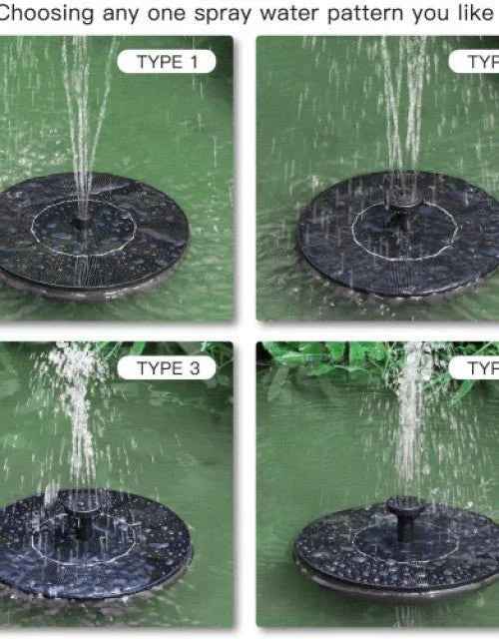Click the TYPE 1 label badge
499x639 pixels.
[167, 62]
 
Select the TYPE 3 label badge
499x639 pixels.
[167, 368]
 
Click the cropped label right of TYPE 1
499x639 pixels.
[484, 62]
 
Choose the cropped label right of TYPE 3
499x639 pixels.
[484, 368]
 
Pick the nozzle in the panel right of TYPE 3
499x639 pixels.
[406, 514]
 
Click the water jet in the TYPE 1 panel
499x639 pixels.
[85, 120]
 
